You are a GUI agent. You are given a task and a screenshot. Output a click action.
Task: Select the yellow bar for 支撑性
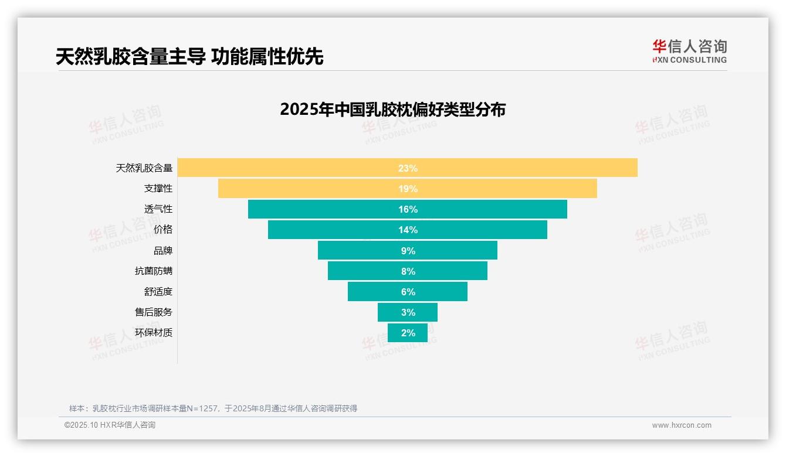(293, 189)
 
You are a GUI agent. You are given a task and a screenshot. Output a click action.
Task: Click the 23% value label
(408, 168)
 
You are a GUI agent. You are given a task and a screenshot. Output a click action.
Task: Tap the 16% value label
(408, 209)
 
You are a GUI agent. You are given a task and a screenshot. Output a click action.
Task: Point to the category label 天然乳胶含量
(144, 168)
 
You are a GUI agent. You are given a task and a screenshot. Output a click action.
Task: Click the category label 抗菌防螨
(154, 271)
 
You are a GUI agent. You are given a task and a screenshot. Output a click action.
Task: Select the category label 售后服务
(154, 312)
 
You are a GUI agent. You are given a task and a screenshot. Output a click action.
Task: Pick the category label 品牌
(163, 251)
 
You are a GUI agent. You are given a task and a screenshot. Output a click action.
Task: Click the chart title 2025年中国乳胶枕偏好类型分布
(392, 110)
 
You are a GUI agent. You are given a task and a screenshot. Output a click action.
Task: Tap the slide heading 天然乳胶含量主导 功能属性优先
(189, 56)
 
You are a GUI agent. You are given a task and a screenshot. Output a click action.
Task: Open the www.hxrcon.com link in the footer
(682, 425)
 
